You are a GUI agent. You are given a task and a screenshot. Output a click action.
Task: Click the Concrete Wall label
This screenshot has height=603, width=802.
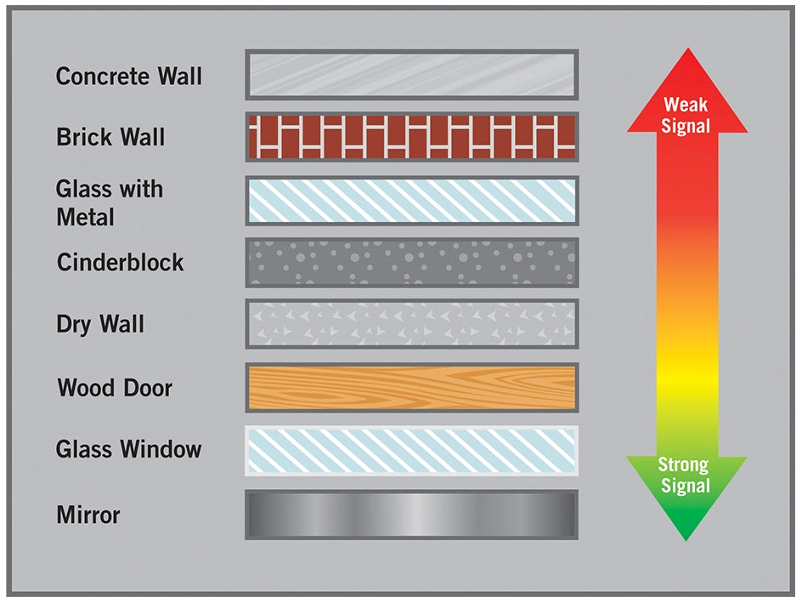click(x=128, y=77)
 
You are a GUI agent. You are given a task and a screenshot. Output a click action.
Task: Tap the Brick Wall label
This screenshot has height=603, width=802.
click(x=110, y=138)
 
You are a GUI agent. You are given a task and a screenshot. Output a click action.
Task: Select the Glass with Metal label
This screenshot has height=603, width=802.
click(x=109, y=203)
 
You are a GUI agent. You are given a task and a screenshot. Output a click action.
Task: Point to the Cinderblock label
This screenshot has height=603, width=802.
click(x=120, y=263)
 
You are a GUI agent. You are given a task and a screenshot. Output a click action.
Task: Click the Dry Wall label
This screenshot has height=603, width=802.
click(x=100, y=325)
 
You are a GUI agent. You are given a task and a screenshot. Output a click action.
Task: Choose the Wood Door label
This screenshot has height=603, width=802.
click(x=115, y=389)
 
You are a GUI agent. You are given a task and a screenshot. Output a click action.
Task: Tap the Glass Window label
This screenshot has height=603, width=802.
click(x=128, y=450)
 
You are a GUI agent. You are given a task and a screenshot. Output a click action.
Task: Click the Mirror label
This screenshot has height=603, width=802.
click(x=88, y=515)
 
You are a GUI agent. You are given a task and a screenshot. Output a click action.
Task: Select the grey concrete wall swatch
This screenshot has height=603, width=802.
click(x=412, y=75)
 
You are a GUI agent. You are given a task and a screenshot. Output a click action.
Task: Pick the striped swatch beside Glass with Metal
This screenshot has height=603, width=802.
click(x=412, y=201)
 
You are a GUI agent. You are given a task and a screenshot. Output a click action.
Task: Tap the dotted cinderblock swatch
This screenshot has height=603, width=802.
click(x=412, y=262)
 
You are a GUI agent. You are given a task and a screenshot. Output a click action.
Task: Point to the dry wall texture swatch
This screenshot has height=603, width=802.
click(x=412, y=324)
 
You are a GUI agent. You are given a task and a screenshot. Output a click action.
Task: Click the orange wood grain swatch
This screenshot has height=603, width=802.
click(x=412, y=388)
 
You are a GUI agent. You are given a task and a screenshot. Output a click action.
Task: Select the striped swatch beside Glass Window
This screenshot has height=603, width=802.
click(x=412, y=450)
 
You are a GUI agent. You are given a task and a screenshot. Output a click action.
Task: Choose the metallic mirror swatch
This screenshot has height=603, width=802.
click(x=412, y=515)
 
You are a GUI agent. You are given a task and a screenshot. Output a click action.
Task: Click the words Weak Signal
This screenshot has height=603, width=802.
click(x=686, y=116)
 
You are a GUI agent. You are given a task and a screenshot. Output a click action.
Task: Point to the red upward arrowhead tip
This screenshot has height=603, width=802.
click(x=687, y=51)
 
